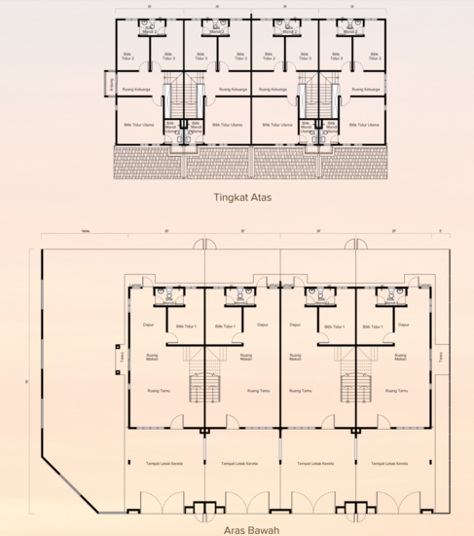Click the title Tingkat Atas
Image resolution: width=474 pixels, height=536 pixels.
tap(241, 196)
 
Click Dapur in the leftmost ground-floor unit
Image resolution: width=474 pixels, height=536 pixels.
tap(149, 325)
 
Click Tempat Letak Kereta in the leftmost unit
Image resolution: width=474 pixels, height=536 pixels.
tap(164, 464)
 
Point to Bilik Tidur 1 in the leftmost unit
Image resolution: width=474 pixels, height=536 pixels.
tap(186, 326)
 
